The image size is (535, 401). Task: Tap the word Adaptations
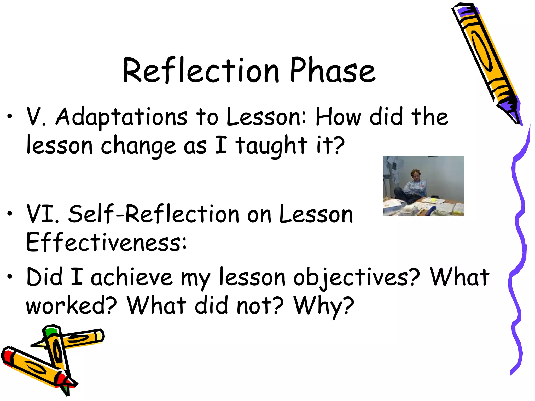point(121,117)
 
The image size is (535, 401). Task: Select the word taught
point(272,146)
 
